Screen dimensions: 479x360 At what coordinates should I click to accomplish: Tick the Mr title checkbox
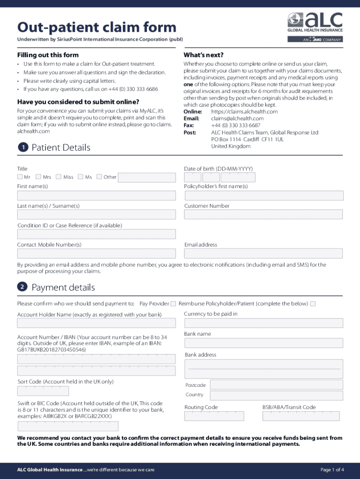20,177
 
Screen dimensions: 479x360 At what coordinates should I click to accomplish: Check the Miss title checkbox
59,177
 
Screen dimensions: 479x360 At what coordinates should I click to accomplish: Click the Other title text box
147,177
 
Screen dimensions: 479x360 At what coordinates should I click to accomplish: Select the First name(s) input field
96,196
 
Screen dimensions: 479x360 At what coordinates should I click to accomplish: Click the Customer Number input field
263,214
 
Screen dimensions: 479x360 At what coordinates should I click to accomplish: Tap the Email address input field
263,253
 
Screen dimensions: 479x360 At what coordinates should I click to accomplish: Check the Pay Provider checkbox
173,304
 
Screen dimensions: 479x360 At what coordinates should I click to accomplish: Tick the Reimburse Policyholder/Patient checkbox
313,304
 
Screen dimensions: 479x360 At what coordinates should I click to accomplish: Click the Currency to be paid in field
264,323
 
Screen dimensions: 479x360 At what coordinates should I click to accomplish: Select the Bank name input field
264,343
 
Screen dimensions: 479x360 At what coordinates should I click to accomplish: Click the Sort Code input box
43,391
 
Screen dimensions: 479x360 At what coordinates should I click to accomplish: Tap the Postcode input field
276,385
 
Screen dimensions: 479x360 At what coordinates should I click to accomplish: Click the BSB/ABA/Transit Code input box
302,416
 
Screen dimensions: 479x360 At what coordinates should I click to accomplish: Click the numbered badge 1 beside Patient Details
22,148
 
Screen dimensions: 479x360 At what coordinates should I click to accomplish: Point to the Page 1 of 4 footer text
332,470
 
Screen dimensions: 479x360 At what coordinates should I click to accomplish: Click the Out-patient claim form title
97,27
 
